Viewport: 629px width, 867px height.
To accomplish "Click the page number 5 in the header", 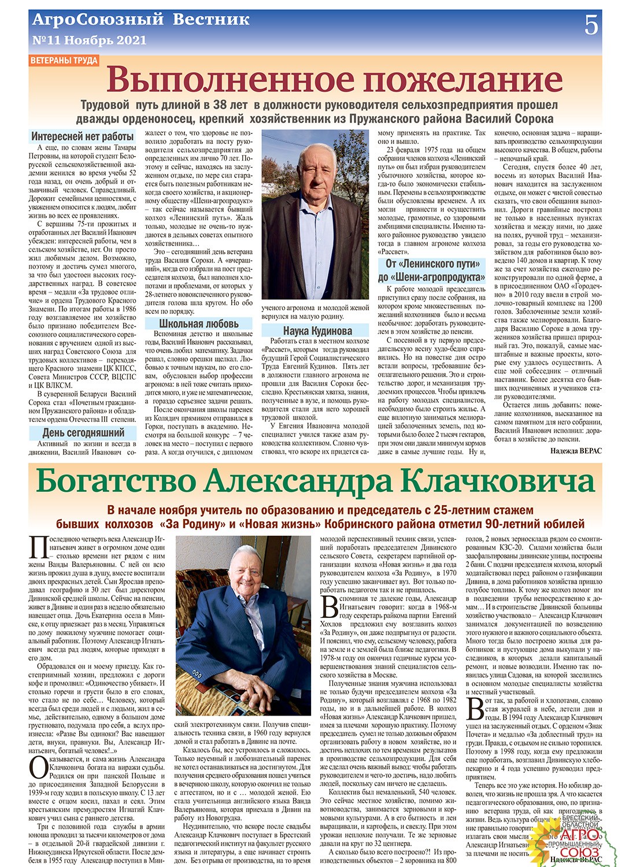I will (591, 25).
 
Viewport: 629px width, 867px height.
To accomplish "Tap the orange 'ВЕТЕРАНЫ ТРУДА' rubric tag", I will (64, 61).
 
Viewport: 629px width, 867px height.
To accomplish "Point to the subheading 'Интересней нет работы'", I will (83, 137).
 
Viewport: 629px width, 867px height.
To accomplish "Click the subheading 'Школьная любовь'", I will (198, 324).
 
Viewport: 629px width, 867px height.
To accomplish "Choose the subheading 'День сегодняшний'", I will (83, 433).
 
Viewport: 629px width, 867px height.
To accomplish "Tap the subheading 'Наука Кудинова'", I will (317, 331).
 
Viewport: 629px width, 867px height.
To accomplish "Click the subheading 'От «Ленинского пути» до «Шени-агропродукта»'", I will (432, 270).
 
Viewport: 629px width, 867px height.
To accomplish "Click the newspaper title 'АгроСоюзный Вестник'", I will (141, 20).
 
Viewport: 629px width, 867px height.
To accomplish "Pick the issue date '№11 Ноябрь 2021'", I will (89, 40).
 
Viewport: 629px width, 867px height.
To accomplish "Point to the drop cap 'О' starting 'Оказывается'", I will (39, 767).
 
